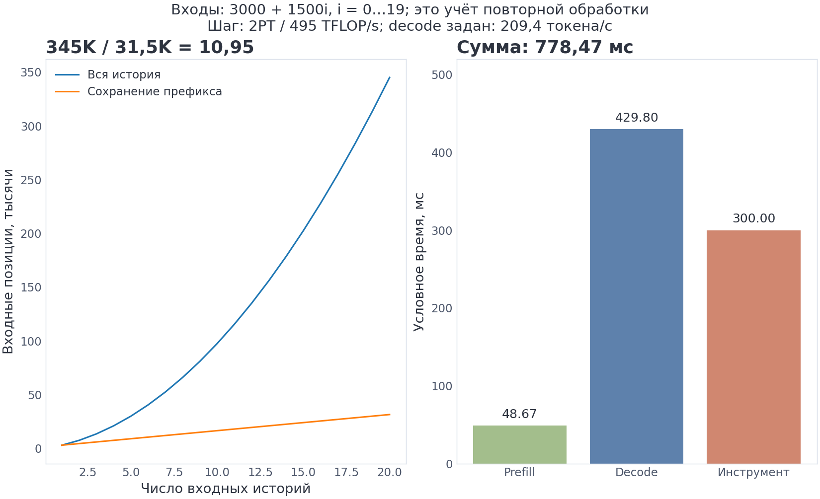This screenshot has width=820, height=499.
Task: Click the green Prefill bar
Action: (x=519, y=444)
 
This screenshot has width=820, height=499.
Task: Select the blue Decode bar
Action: (x=636, y=296)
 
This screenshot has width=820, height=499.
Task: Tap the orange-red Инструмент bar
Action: (x=753, y=347)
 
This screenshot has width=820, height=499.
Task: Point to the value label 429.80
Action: (x=637, y=118)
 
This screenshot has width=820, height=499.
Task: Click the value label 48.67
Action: (x=519, y=414)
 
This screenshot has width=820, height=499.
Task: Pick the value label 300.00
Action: (x=754, y=218)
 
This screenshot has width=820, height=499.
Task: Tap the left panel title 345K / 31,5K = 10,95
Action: (x=150, y=47)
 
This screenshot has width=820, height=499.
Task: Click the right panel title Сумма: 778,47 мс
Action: (x=545, y=47)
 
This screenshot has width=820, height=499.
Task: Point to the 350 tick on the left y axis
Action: (x=31, y=73)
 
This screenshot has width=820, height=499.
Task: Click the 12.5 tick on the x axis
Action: (x=260, y=472)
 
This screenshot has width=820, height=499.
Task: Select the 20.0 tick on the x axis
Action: (x=390, y=472)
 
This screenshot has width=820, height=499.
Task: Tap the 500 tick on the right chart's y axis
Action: (x=442, y=75)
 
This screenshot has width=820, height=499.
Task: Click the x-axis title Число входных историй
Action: (x=226, y=489)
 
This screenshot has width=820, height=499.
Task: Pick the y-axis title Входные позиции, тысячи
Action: (x=8, y=262)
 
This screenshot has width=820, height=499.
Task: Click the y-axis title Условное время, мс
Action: (x=418, y=262)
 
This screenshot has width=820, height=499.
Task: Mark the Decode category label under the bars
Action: (x=636, y=472)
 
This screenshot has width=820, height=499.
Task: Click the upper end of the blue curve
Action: (x=390, y=77)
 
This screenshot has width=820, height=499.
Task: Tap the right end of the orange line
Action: (x=390, y=415)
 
